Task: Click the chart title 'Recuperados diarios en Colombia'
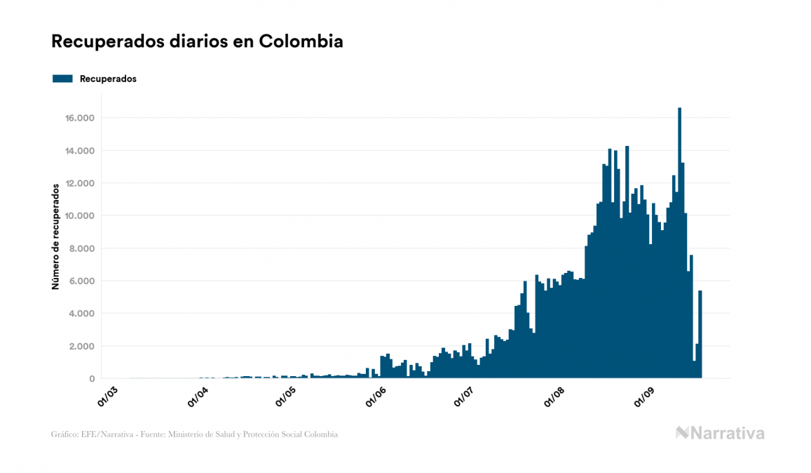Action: coord(197,41)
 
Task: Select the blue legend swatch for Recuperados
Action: coord(62,79)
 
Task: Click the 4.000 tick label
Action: coord(81,314)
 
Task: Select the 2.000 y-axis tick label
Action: coord(81,346)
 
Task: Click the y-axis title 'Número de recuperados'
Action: coord(55,237)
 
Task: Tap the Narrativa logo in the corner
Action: coord(720,433)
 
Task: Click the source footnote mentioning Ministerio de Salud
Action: coord(194,434)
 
